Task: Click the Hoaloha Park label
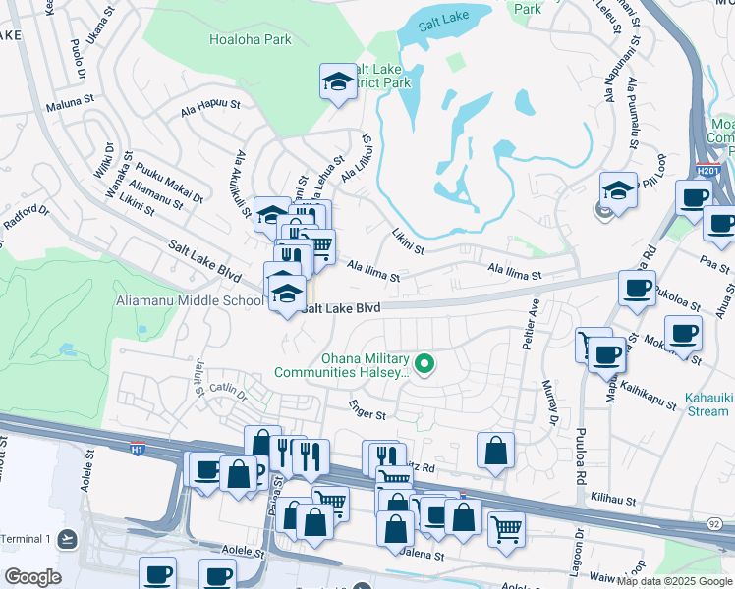[251, 40]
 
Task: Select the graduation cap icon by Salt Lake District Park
[338, 81]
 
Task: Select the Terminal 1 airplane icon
[66, 539]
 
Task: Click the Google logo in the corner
[32, 577]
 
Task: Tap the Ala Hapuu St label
[210, 108]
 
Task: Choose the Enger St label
[367, 410]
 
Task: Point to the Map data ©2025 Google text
[674, 581]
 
